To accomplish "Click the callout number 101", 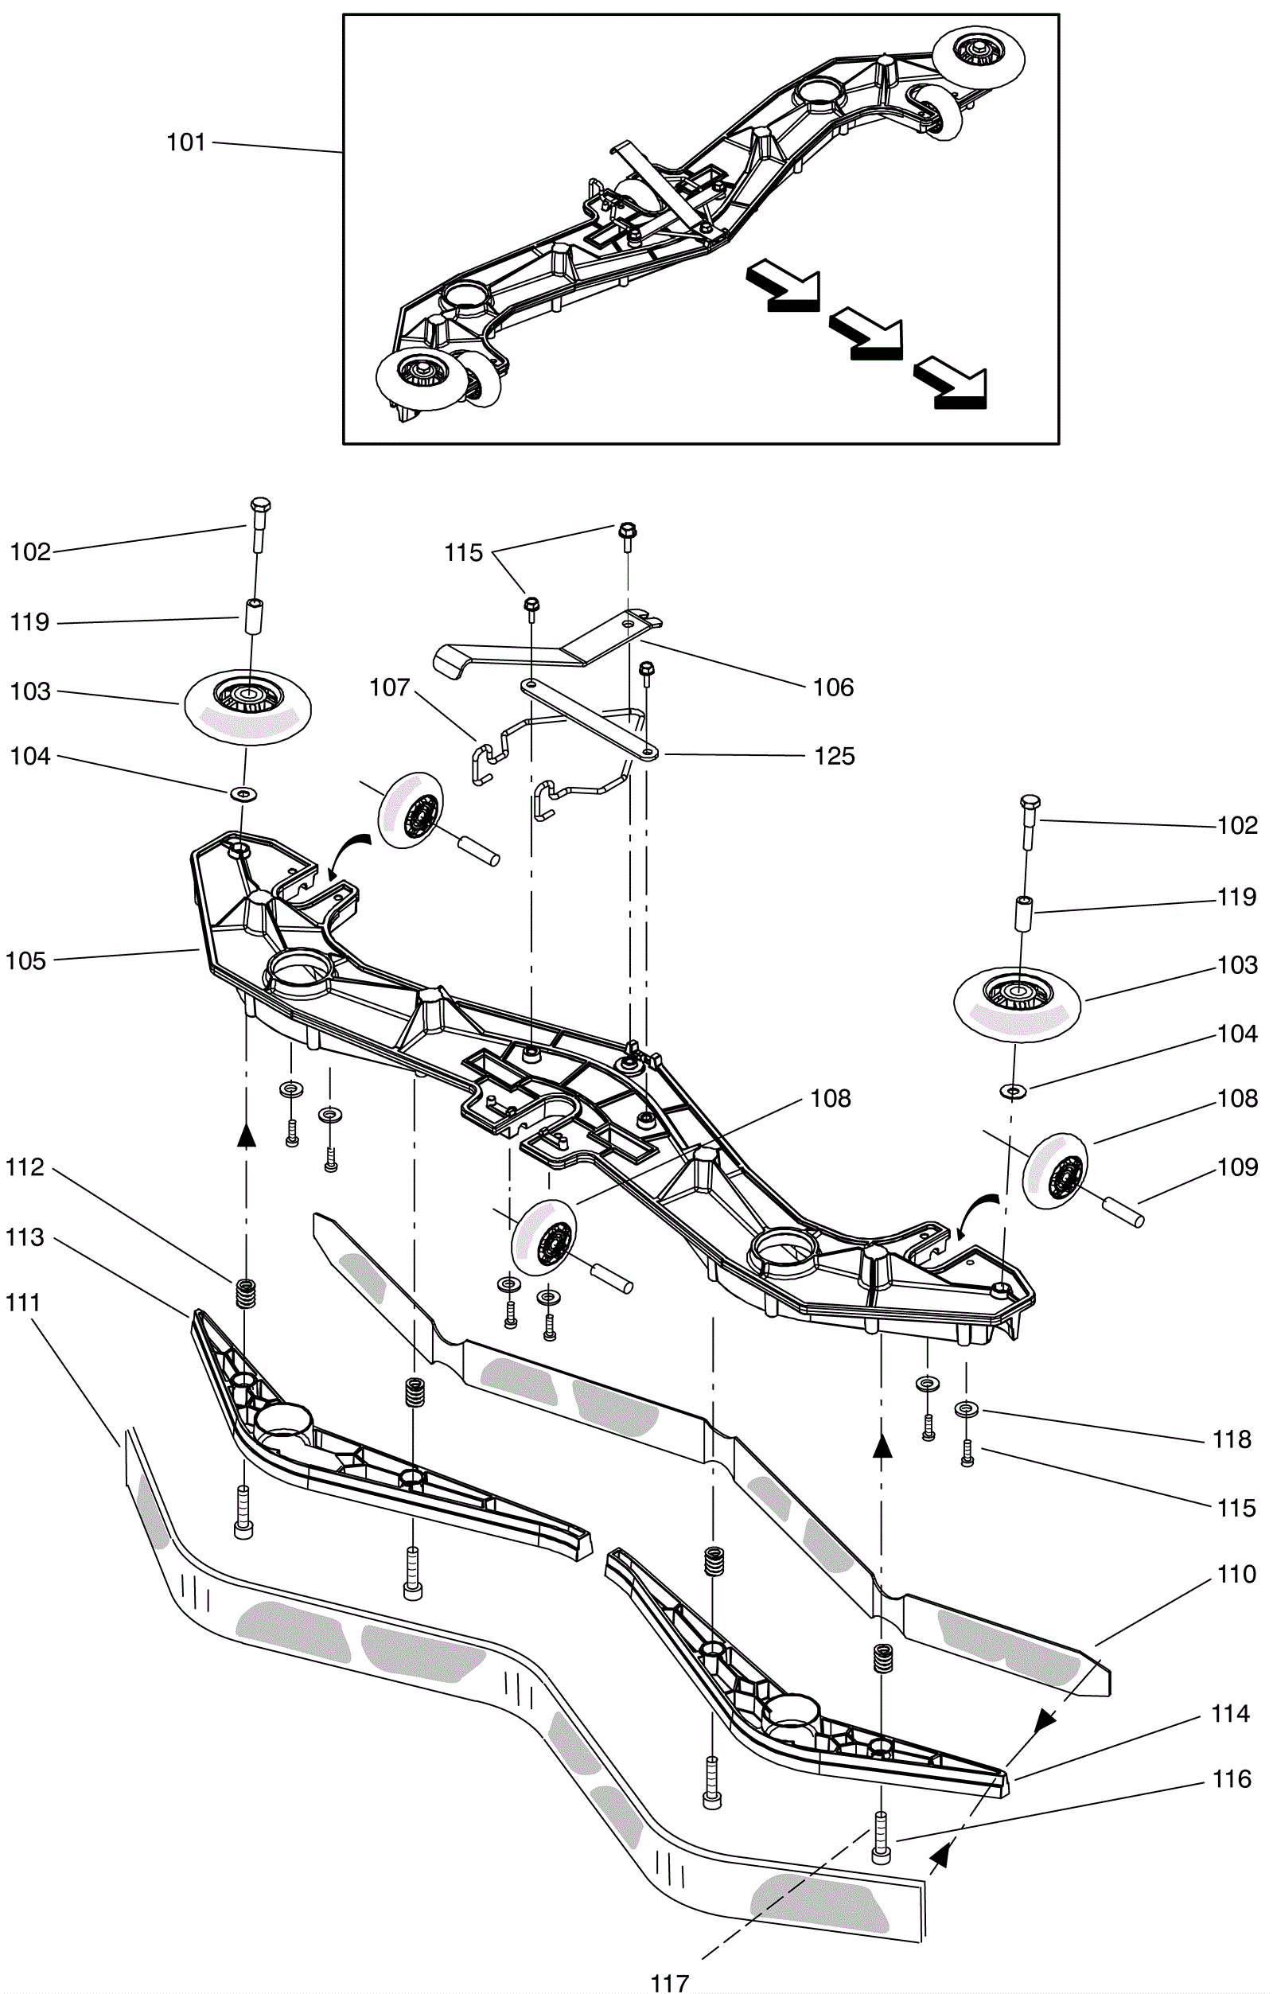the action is [185, 142].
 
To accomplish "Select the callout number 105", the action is [25, 960].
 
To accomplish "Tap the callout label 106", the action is [833, 687].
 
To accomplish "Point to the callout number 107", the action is [390, 687].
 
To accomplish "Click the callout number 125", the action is [834, 756].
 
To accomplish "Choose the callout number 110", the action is [1236, 1573].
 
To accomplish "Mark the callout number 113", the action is [25, 1237].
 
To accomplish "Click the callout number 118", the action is [1232, 1439].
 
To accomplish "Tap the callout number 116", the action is [1232, 1778].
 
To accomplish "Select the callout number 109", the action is [1237, 1166].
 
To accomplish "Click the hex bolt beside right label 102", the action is [1030, 821].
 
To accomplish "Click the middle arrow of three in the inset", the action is [866, 333].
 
